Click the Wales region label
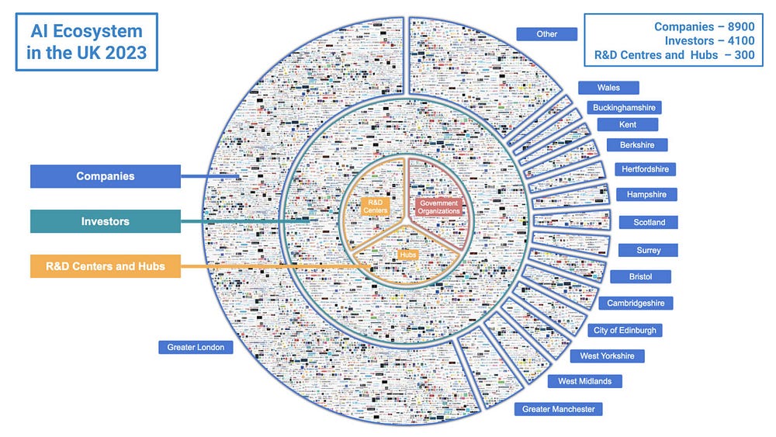(x=608, y=88)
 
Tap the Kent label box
(x=627, y=124)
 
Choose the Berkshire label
(x=637, y=144)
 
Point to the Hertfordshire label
(x=645, y=169)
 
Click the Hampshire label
(x=646, y=194)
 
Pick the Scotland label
(x=649, y=222)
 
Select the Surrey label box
(x=649, y=250)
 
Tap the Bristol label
(x=640, y=276)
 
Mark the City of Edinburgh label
(x=625, y=330)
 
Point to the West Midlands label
(x=584, y=381)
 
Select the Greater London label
(x=196, y=347)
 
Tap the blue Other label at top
(x=547, y=34)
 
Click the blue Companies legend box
(x=105, y=176)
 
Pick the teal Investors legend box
(x=105, y=221)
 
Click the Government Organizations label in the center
(x=439, y=206)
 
